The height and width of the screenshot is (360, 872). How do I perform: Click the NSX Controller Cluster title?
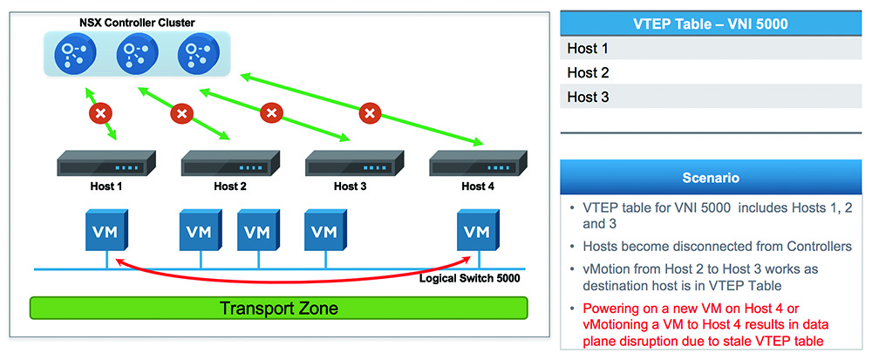136,23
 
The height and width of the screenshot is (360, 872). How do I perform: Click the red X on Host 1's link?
100,114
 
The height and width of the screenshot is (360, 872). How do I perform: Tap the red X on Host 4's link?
369,114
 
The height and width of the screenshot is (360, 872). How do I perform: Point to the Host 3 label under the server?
351,187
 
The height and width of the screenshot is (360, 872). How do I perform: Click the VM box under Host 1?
106,230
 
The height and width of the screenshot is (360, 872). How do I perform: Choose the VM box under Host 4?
478,230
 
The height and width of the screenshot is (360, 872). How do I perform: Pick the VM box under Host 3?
326,230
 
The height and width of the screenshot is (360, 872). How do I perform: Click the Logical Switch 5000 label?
470,278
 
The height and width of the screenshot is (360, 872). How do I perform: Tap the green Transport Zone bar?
279,308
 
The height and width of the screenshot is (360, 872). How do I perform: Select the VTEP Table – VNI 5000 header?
711,24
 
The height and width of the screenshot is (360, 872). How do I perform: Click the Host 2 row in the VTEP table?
711,72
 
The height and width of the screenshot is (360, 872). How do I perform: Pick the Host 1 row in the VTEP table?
711,48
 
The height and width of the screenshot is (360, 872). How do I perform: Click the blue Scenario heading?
711,178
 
